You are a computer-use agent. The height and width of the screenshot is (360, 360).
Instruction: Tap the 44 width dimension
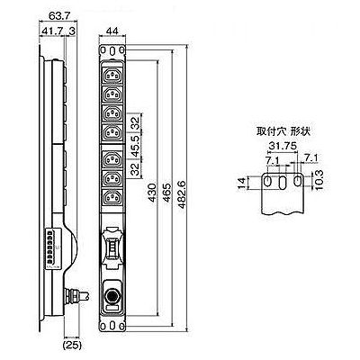112,31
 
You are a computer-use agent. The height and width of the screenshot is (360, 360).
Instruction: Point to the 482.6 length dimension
182,194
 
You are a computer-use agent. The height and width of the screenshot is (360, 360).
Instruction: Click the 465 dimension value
166,193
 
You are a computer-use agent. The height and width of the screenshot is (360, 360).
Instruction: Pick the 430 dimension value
152,193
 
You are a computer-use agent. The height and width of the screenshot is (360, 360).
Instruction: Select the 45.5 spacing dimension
136,146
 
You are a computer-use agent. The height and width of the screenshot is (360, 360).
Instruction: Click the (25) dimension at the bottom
72,346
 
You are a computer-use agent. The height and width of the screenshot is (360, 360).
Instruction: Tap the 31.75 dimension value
283,146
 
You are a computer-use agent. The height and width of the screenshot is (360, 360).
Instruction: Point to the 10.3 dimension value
319,180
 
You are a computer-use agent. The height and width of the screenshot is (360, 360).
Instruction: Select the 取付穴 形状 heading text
283,131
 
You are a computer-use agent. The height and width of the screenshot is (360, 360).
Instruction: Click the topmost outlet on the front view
112,76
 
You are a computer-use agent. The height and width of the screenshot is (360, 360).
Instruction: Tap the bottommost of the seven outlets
112,198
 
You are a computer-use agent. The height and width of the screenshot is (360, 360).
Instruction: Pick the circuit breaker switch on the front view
112,248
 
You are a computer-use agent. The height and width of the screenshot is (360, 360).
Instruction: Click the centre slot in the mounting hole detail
283,183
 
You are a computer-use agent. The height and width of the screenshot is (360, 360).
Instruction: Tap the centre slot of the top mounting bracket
112,50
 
